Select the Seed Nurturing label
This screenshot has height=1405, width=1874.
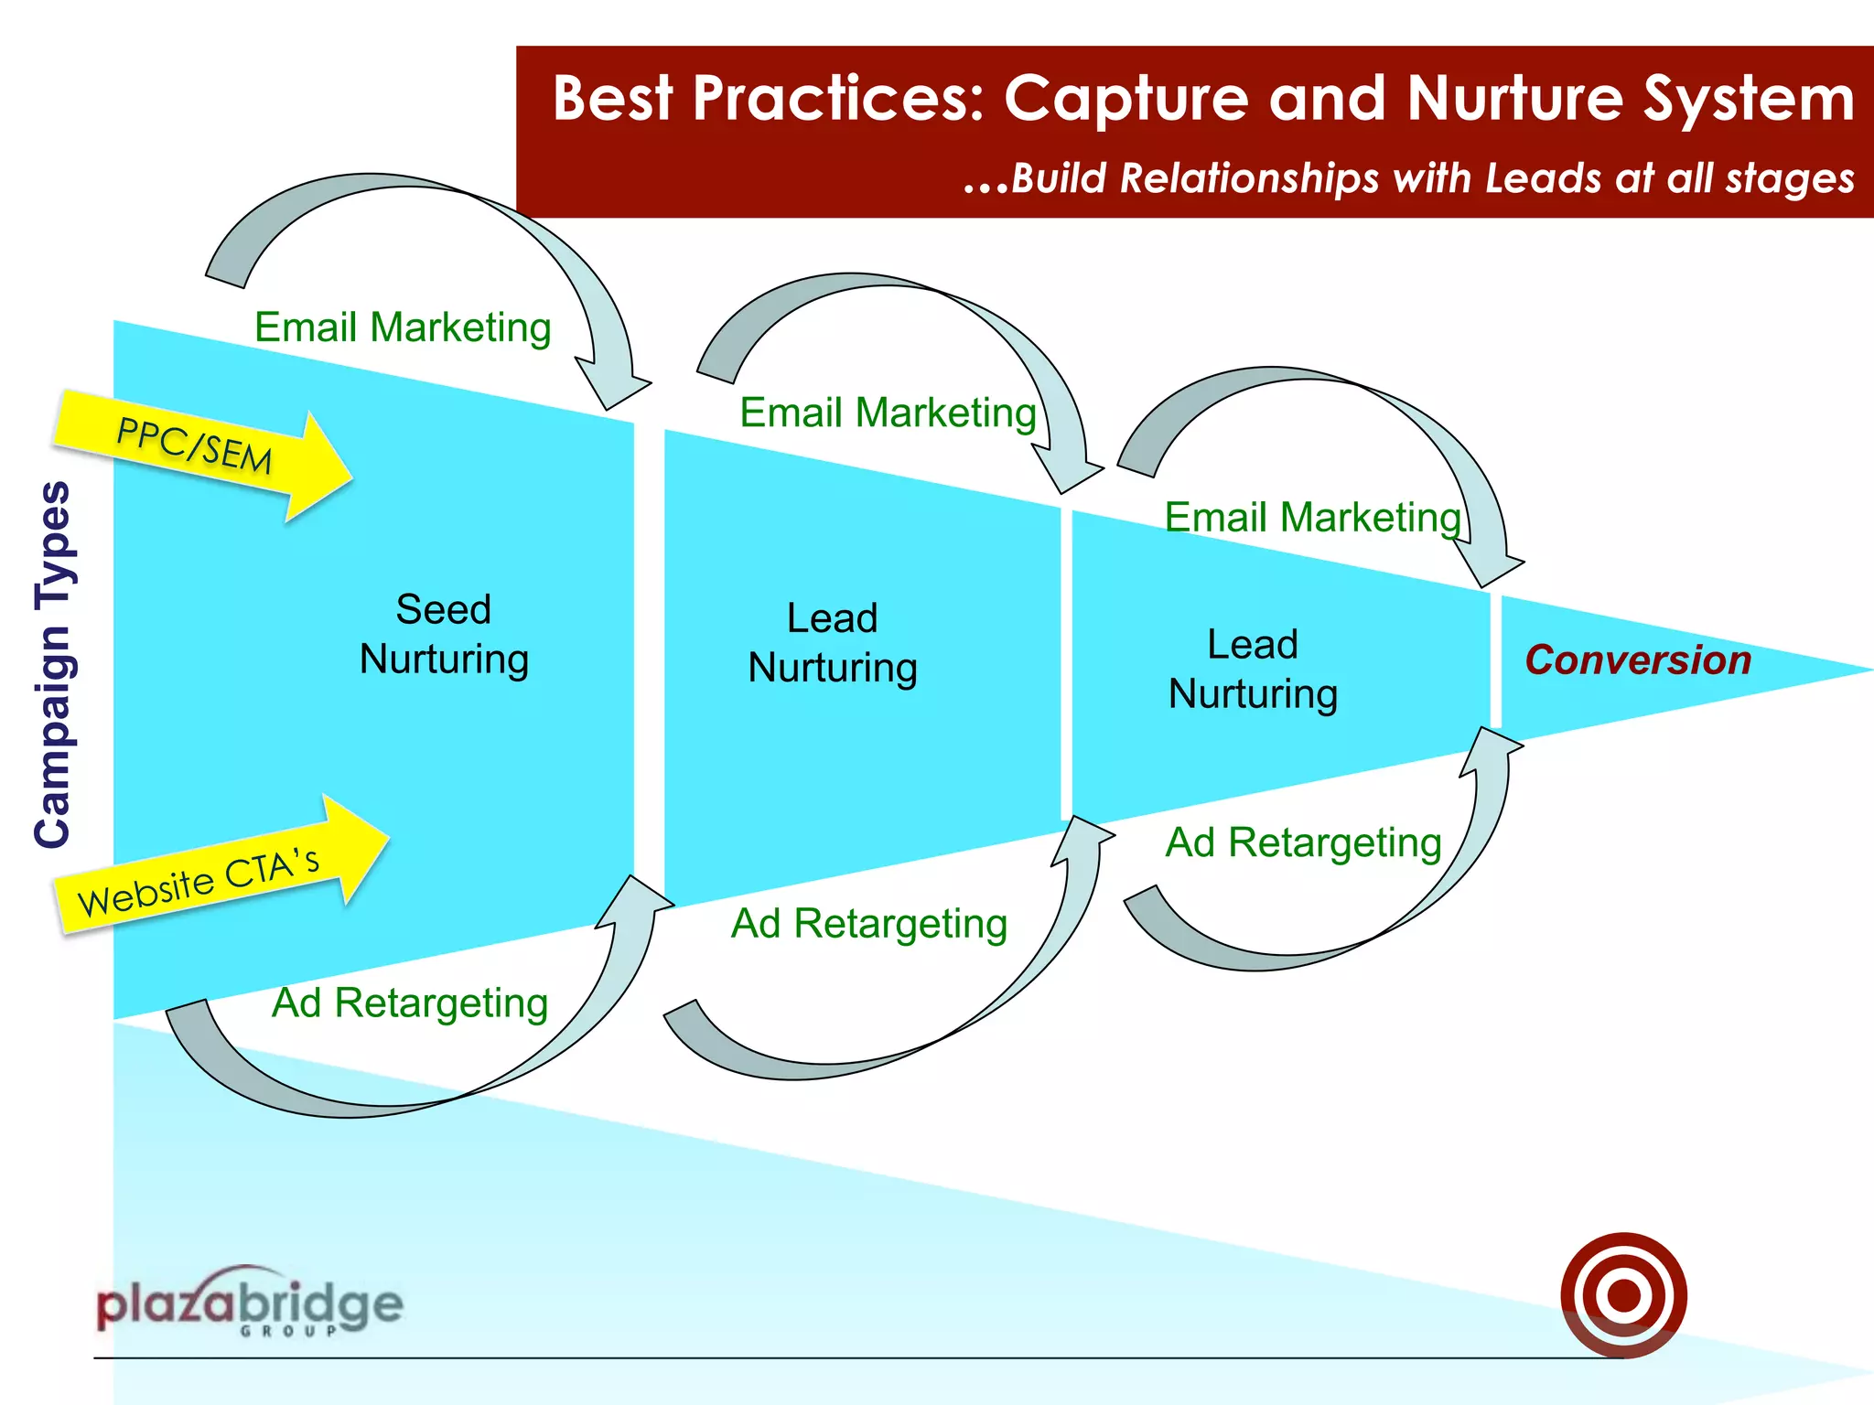tap(444, 634)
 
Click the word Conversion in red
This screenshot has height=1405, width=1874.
tap(1637, 660)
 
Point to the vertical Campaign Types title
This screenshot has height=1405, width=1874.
tap(53, 664)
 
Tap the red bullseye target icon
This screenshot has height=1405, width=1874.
tap(1623, 1294)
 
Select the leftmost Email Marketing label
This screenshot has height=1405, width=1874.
tap(403, 327)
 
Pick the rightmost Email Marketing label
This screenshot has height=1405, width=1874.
tap(1312, 518)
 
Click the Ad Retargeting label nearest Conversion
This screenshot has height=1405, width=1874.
tap(1303, 842)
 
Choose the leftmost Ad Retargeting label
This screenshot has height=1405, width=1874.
tap(409, 1003)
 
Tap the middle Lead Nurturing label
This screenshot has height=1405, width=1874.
tap(833, 643)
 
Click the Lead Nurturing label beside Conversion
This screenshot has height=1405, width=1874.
tap(1253, 669)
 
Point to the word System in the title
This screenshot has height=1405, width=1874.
tap(1748, 99)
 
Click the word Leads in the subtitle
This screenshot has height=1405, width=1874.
tap(1543, 178)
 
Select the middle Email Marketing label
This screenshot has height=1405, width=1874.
tap(888, 413)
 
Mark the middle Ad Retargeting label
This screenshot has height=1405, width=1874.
tap(868, 924)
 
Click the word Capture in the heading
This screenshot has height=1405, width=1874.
tap(1126, 99)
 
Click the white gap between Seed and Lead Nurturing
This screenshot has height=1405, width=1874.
tap(649, 659)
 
